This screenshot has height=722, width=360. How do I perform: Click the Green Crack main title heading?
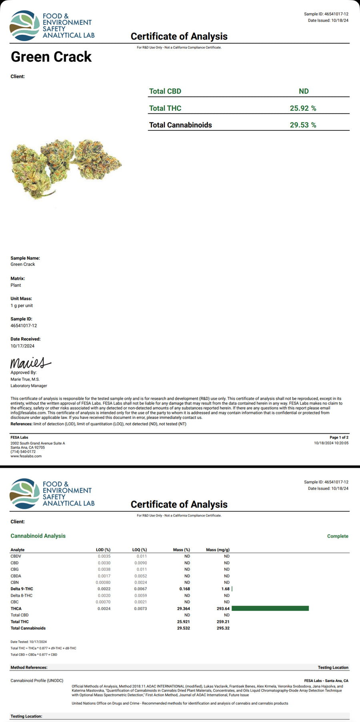click(x=51, y=57)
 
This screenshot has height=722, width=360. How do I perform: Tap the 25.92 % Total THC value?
click(x=303, y=108)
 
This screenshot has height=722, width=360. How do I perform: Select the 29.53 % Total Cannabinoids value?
click(x=303, y=125)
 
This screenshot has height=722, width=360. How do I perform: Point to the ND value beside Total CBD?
click(x=304, y=91)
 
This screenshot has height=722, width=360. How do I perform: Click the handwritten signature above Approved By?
click(x=30, y=363)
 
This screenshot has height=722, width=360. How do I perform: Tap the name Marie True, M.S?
click(x=25, y=379)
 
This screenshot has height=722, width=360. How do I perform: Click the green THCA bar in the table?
click(x=270, y=608)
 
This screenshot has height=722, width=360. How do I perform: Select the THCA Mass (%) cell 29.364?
click(x=183, y=608)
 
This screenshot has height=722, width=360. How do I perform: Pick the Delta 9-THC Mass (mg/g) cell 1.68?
click(x=225, y=589)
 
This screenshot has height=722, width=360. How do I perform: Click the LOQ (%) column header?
click(x=139, y=550)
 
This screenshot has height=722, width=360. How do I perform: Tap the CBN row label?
click(x=15, y=582)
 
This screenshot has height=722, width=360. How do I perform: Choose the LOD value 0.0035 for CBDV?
click(x=104, y=556)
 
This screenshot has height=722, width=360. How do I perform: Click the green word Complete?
click(x=338, y=536)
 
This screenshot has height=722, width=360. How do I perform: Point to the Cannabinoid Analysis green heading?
click(x=38, y=536)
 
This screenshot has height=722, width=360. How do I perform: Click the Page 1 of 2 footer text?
click(x=339, y=437)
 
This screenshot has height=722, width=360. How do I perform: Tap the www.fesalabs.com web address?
click(x=26, y=456)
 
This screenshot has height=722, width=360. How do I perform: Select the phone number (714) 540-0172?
click(x=23, y=452)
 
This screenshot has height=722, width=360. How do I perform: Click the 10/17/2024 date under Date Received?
click(x=22, y=346)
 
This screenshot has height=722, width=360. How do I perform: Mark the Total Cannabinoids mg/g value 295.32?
click(x=223, y=628)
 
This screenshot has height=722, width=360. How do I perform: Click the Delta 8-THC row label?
click(x=22, y=596)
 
